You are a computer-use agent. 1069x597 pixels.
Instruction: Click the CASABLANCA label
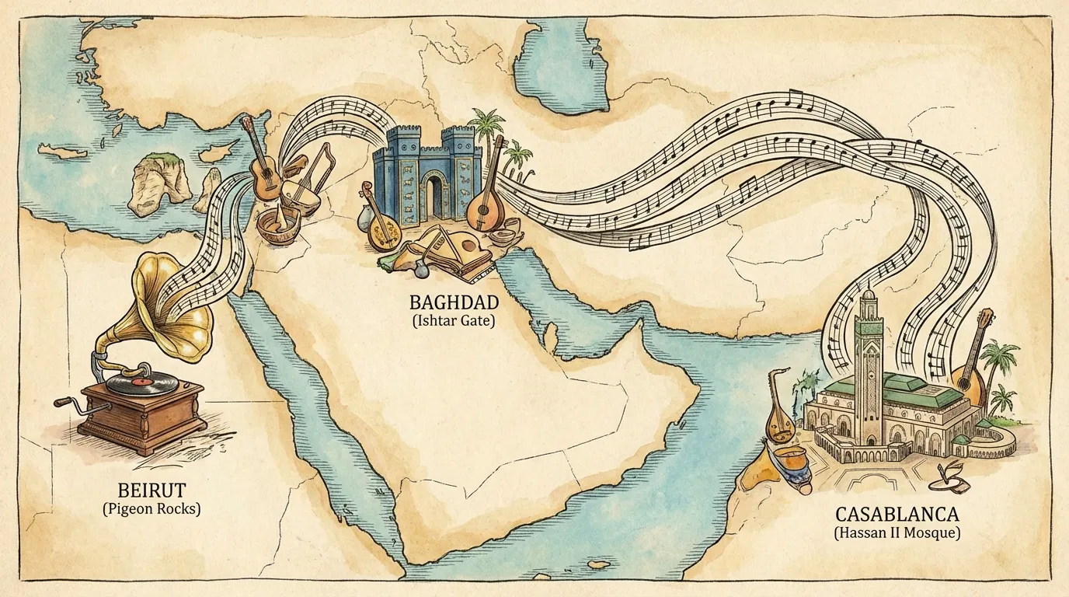click(x=897, y=514)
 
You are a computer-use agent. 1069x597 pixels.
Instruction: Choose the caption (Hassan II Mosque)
click(x=897, y=533)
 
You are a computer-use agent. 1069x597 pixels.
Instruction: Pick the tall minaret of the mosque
click(x=867, y=350)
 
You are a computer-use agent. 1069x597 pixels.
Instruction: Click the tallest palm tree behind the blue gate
click(x=487, y=128)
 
